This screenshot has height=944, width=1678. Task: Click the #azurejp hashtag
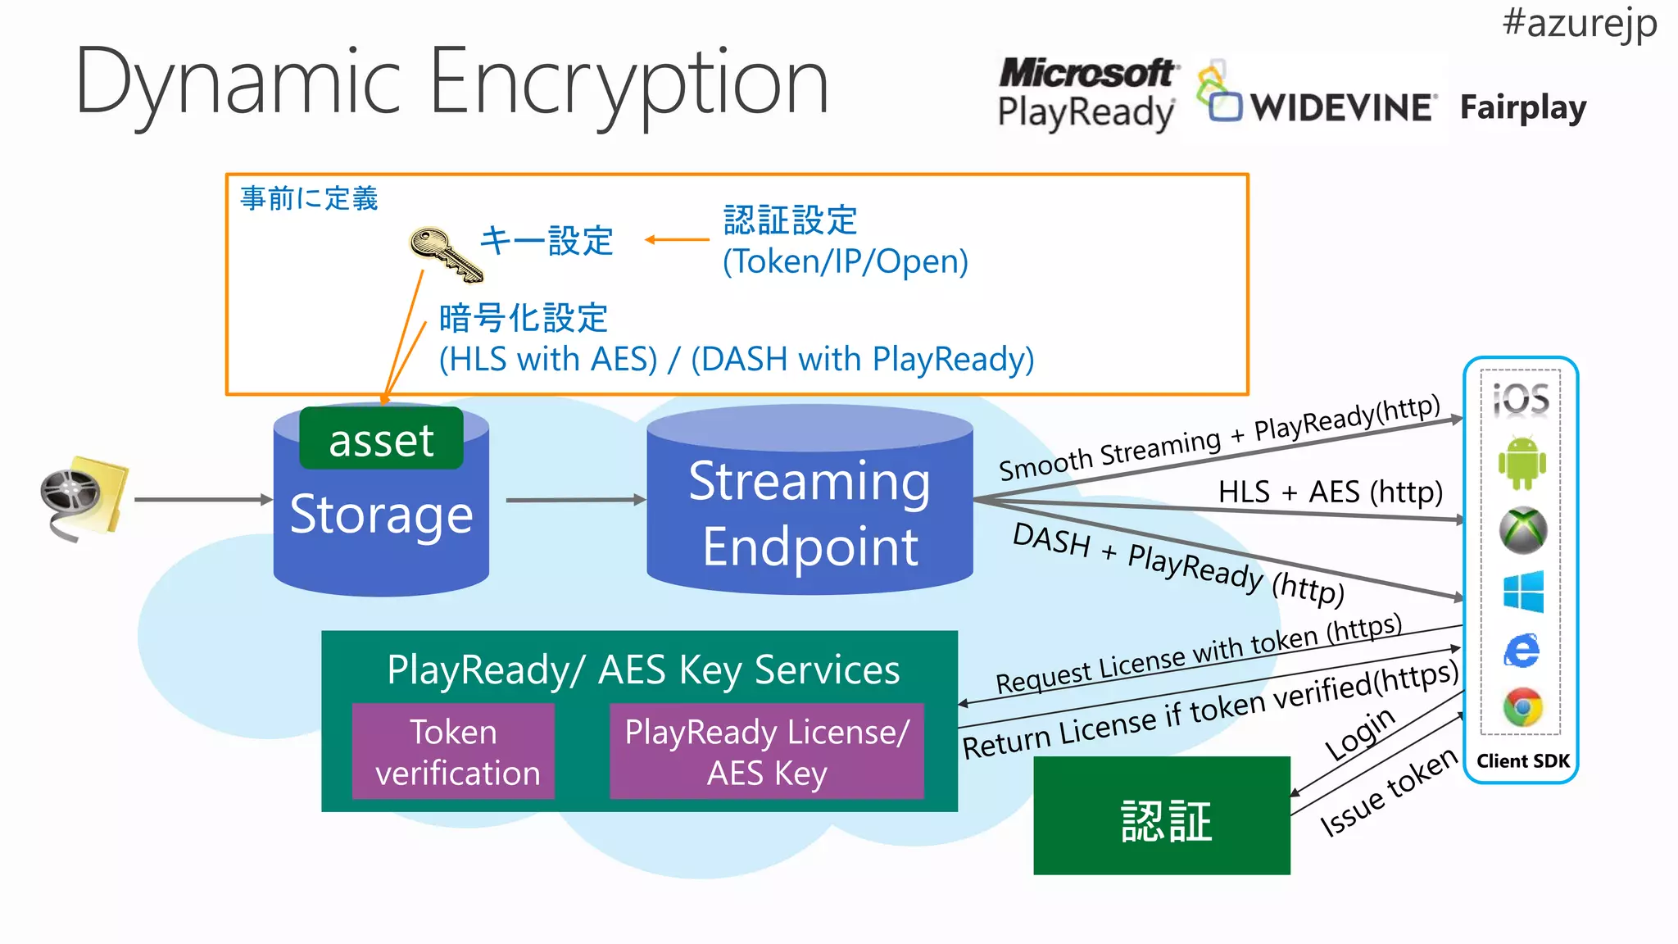(x=1579, y=23)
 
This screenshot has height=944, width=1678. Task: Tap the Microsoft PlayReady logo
(x=1087, y=93)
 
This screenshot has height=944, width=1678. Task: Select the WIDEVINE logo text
(x=1342, y=107)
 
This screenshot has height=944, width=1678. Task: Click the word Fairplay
(x=1522, y=107)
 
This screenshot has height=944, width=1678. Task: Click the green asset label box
(x=381, y=440)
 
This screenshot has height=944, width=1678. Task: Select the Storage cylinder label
(x=381, y=515)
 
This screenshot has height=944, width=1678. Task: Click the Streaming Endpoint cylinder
(x=810, y=512)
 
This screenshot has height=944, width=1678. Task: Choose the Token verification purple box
(x=453, y=751)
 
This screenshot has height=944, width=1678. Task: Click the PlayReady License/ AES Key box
(x=766, y=751)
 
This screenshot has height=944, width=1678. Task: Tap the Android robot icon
(x=1522, y=463)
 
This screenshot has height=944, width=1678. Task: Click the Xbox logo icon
(x=1522, y=529)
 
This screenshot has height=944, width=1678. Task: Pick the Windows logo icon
(x=1523, y=592)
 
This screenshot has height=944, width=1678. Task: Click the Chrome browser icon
(x=1522, y=707)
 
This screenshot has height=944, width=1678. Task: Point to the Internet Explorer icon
(x=1522, y=651)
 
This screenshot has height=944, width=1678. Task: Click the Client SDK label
(x=1522, y=760)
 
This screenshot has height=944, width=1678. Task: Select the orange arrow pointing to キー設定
(x=676, y=240)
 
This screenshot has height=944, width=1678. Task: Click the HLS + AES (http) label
(x=1330, y=492)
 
